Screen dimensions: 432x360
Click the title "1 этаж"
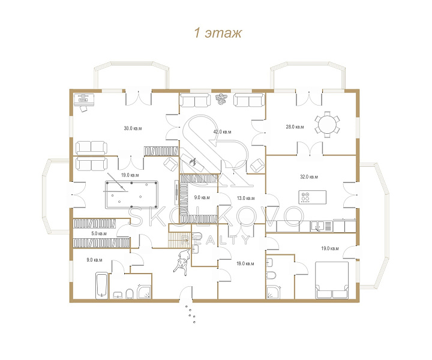pyautogui.click(x=218, y=33)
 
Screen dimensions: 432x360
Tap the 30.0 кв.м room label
pyautogui.click(x=133, y=128)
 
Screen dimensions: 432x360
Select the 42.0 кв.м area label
pyautogui.click(x=222, y=131)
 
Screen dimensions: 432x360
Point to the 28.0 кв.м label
pyautogui.click(x=295, y=127)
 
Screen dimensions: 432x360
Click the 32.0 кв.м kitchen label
pyautogui.click(x=309, y=177)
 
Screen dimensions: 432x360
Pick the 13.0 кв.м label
pyautogui.click(x=246, y=198)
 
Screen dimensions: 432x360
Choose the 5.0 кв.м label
pyautogui.click(x=99, y=233)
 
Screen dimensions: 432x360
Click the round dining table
pyautogui.click(x=328, y=124)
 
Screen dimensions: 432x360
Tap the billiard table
pyautogui.click(x=131, y=194)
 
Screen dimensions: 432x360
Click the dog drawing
pyautogui.click(x=182, y=262)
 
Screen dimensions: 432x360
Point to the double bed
pyautogui.click(x=332, y=280)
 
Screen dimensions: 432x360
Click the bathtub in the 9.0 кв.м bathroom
pyautogui.click(x=101, y=286)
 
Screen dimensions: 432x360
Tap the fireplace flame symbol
pyautogui.click(x=193, y=161)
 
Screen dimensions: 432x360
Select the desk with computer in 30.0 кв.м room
pyautogui.click(x=85, y=100)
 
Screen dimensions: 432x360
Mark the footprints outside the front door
pyautogui.click(x=190, y=314)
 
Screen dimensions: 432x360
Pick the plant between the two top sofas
pyautogui.click(x=221, y=99)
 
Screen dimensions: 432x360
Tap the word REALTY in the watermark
pyautogui.click(x=215, y=239)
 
